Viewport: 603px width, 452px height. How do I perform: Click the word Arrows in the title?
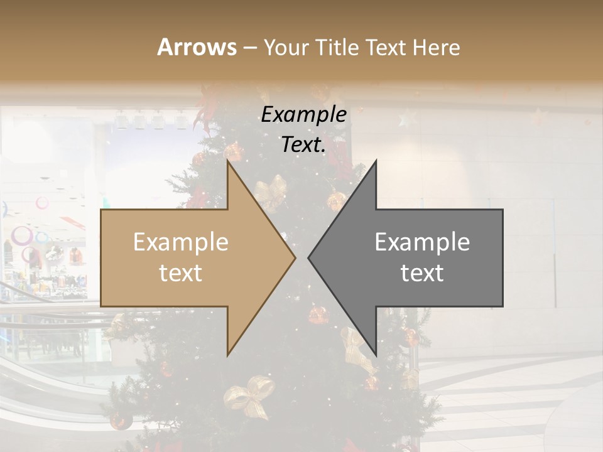(197, 47)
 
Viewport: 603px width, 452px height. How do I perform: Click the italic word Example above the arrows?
(304, 115)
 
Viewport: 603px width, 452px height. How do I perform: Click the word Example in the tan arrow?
(181, 242)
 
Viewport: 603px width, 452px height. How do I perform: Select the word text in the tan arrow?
(181, 273)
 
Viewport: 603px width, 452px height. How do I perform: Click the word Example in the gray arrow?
(422, 242)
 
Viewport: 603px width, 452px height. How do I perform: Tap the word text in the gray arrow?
(422, 273)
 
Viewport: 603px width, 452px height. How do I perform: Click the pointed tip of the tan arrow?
(295, 257)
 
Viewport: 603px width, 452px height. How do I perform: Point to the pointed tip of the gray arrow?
(308, 257)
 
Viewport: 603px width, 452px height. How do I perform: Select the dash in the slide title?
(249, 48)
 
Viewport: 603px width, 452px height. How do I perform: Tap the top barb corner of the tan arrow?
(227, 161)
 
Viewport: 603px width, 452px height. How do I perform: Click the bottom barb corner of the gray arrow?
(376, 355)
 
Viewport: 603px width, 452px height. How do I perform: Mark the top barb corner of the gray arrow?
(376, 161)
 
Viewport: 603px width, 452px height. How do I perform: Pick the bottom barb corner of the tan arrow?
(227, 355)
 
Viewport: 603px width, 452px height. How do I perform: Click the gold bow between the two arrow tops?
(272, 191)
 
